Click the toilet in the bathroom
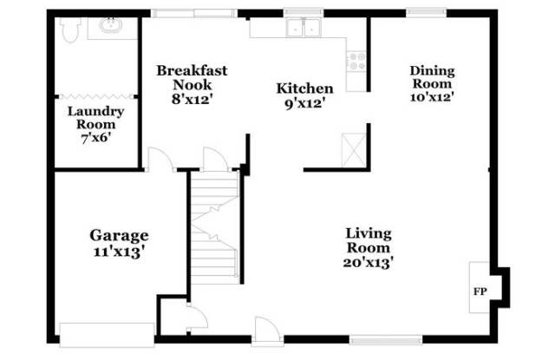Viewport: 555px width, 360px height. click(x=69, y=29)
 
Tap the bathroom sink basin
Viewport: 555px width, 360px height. click(x=111, y=25)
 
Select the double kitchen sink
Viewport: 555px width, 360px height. click(x=304, y=27)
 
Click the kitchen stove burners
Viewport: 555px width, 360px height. click(x=356, y=62)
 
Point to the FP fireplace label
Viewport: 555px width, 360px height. click(x=480, y=291)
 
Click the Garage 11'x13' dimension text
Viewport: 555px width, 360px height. click(x=119, y=252)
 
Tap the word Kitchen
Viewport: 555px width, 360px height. click(x=304, y=88)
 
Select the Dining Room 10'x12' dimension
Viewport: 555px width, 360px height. click(x=432, y=96)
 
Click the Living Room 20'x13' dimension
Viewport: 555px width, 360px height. click(x=368, y=262)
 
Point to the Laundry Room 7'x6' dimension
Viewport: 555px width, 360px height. click(x=95, y=138)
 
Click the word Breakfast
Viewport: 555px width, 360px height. click(x=192, y=70)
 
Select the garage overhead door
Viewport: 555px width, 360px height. click(x=107, y=335)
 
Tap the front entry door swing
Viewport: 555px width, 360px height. click(x=268, y=330)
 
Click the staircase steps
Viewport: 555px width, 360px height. click(x=215, y=226)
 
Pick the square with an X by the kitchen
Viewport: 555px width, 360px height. click(x=354, y=149)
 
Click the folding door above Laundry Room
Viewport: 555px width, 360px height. click(x=96, y=96)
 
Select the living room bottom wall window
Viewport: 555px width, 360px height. click(x=386, y=340)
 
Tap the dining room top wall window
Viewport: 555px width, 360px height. click(x=426, y=13)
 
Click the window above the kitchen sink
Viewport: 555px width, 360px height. click(x=304, y=13)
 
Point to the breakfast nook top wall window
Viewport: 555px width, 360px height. click(x=194, y=14)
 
